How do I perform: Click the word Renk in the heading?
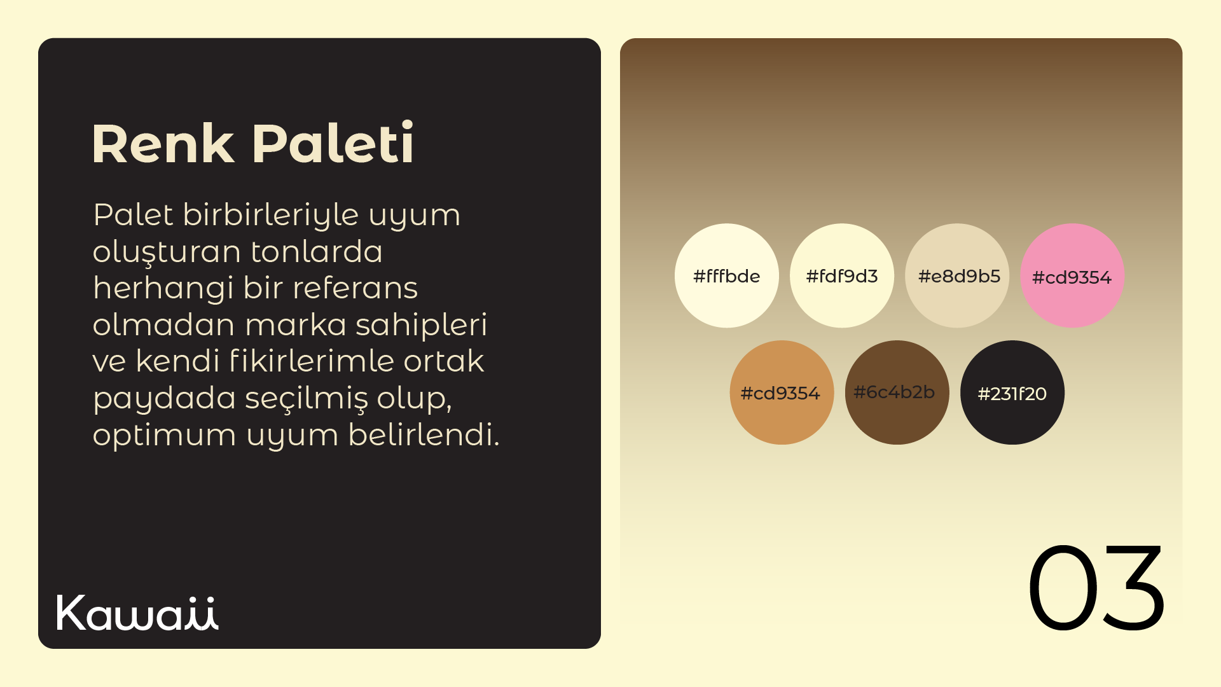[x=163, y=144]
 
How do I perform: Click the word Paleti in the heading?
[x=333, y=142]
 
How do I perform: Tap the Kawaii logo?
[x=137, y=613]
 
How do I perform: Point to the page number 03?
[x=1096, y=588]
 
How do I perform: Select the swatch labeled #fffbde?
[x=727, y=275]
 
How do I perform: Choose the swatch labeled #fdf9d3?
[x=842, y=275]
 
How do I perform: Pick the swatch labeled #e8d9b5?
[x=957, y=275]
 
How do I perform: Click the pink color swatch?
[x=1072, y=275]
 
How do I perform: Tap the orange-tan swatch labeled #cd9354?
[x=782, y=392]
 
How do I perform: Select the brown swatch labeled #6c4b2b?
[x=897, y=392]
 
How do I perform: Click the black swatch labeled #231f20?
[x=1012, y=392]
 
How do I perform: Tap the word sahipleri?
[x=421, y=325]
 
